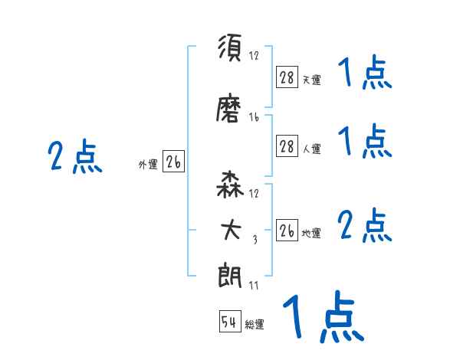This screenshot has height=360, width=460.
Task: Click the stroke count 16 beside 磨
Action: click(x=254, y=117)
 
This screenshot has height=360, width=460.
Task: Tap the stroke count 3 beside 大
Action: click(x=254, y=241)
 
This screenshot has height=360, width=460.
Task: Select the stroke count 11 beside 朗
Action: click(x=254, y=286)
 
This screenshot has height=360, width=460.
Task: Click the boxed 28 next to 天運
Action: click(x=287, y=77)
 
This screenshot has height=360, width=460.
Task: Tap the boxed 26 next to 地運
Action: click(x=287, y=231)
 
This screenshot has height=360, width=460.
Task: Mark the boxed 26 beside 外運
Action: click(x=173, y=162)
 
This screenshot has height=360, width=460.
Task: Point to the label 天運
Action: click(x=311, y=80)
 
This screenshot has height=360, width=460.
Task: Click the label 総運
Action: click(x=255, y=325)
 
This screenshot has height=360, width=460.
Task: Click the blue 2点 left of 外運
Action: click(x=74, y=159)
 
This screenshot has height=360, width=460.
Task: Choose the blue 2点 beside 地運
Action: click(x=365, y=227)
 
